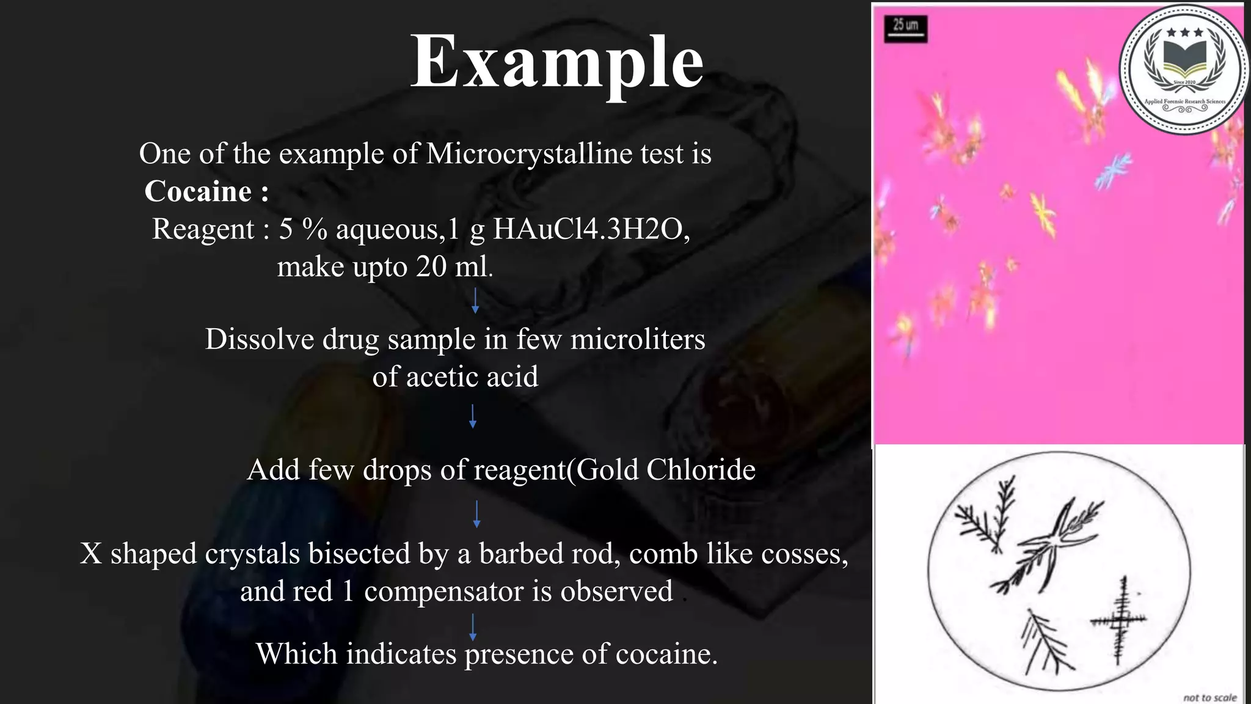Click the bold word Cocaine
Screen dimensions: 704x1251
[198, 191]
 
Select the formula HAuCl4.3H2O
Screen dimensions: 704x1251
[591, 229]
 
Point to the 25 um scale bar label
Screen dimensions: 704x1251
[905, 26]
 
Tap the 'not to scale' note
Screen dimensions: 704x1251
[1209, 697]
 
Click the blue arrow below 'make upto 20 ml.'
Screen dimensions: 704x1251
[475, 301]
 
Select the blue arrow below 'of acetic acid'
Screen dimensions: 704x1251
[473, 416]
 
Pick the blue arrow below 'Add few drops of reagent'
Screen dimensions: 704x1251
[476, 514]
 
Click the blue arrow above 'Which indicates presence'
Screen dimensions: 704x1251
[473, 627]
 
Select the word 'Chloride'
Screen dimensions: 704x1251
[701, 470]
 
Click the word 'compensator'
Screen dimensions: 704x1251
[518, 592]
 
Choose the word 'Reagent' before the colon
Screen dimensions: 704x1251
[203, 229]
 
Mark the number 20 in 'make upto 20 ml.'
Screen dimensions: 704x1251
[431, 267]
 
